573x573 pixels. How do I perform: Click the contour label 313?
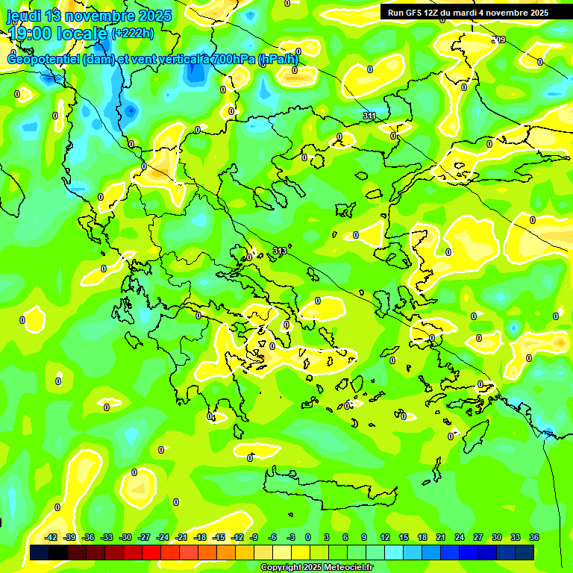(280, 251)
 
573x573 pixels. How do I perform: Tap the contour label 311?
(369, 116)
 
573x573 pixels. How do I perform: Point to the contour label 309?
(499, 40)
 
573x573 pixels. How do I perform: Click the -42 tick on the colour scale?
(51, 537)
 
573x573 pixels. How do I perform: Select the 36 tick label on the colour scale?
(533, 537)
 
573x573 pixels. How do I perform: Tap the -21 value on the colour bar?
(181, 537)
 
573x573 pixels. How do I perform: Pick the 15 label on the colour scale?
(404, 537)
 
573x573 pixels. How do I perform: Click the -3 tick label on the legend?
(292, 537)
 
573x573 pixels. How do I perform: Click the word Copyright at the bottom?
(281, 568)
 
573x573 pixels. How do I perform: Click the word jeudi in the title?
(23, 16)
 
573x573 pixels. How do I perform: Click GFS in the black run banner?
(414, 13)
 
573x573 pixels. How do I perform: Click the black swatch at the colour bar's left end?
(40, 552)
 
